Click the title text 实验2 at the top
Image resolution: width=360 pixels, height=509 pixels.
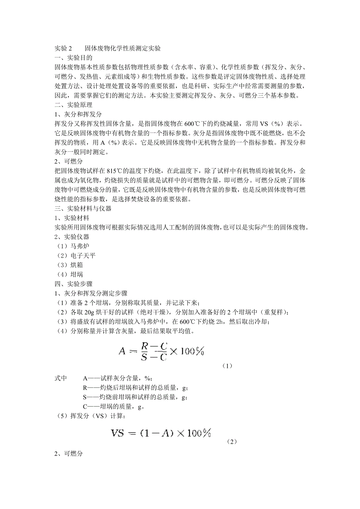pos(63,49)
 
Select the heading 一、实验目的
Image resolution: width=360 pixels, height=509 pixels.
pos(74,58)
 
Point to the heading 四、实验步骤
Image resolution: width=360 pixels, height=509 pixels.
pos(74,284)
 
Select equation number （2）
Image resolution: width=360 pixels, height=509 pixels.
pos(232,442)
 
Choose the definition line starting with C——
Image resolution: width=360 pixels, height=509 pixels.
pos(114,407)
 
